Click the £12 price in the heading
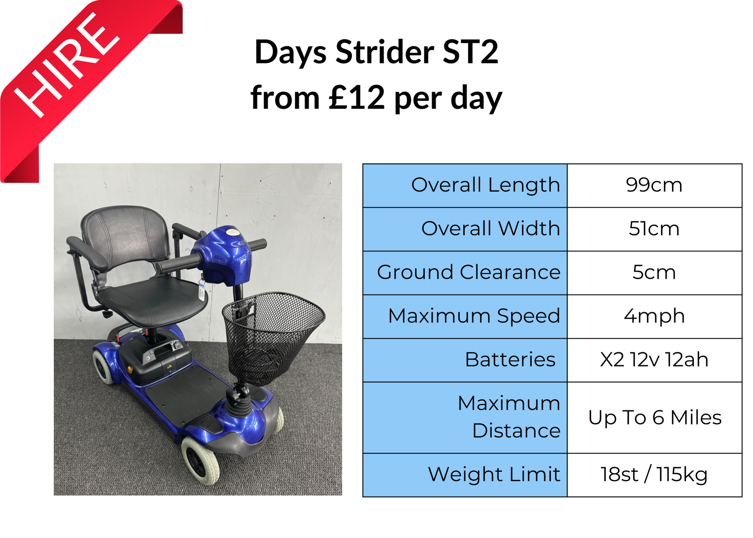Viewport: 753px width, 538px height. point(357,98)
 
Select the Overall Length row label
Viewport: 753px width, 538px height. point(485,185)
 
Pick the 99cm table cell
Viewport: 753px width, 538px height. point(654,185)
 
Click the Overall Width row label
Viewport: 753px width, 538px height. point(490,229)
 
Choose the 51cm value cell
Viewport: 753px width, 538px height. point(654,229)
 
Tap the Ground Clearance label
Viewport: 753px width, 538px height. point(468,272)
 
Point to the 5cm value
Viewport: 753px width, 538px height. point(654,272)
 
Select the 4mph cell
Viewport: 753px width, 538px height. point(654,316)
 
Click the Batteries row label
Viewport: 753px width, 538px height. point(510,360)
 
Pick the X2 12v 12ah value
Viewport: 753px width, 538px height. point(654,360)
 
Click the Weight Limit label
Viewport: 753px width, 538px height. point(494,474)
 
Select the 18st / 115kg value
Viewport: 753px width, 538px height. point(654,474)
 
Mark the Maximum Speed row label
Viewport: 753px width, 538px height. point(474,316)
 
